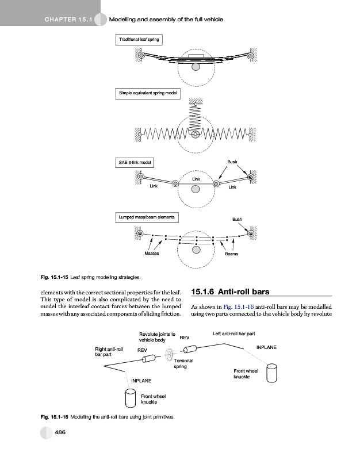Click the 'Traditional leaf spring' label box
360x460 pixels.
138,40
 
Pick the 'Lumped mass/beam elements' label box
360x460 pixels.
147,217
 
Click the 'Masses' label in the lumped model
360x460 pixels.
152,254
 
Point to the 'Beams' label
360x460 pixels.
231,254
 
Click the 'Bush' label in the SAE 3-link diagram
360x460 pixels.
232,162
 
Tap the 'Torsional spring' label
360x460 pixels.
185,363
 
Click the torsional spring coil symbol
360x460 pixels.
170,354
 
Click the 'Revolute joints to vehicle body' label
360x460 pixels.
157,337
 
